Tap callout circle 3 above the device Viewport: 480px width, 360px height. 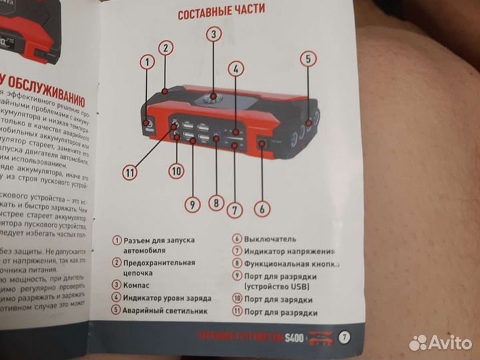213,35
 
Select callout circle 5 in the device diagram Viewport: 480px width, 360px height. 307,57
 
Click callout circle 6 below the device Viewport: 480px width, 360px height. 262,209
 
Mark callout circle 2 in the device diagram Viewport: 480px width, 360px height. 166,47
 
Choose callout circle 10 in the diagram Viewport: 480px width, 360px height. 175,171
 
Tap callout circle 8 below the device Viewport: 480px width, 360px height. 215,202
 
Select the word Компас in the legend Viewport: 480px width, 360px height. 137,285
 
